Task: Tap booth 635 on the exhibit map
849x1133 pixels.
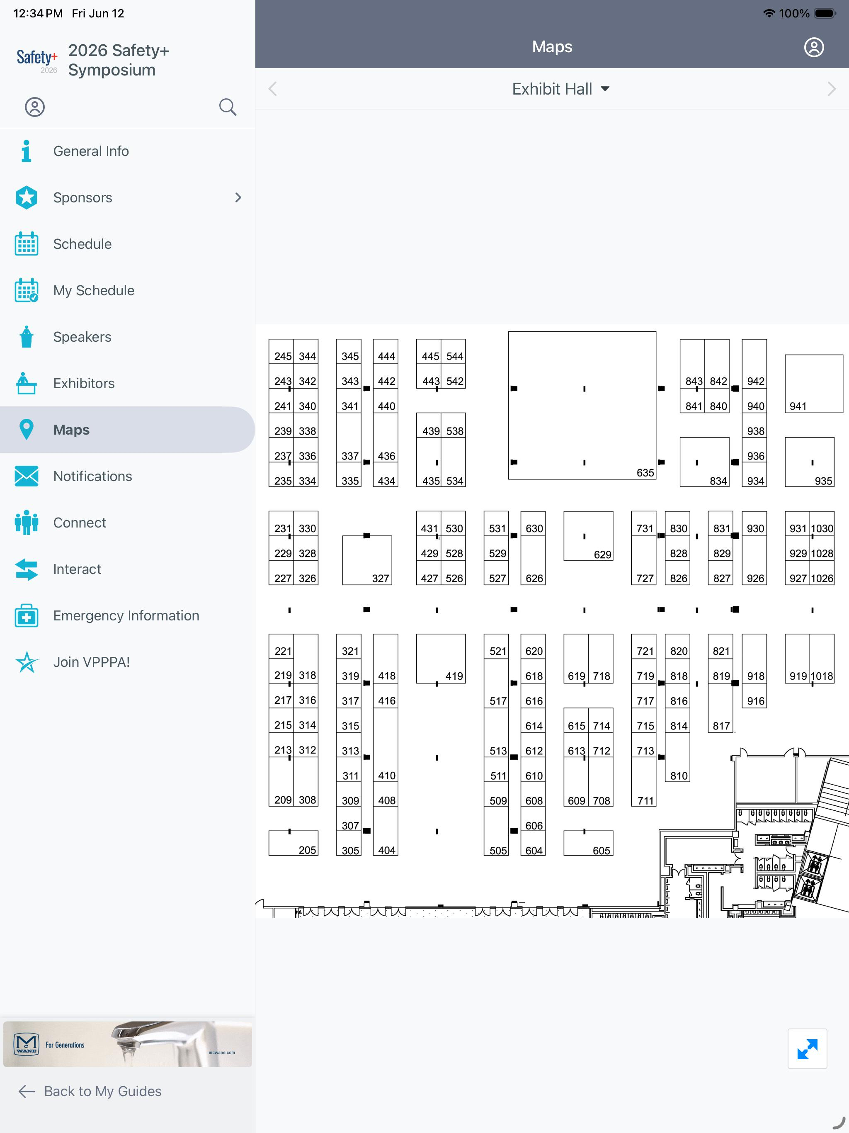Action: coord(582,405)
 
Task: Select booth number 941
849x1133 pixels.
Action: coord(814,384)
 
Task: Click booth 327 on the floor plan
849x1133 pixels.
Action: coord(366,560)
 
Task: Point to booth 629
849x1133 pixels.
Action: coord(588,535)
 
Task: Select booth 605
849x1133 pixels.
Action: coord(588,843)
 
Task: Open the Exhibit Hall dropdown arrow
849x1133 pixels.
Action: coord(605,89)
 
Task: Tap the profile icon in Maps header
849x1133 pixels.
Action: coord(814,47)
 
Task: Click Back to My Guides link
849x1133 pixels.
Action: coord(90,1091)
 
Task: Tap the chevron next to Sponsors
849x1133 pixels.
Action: coord(238,197)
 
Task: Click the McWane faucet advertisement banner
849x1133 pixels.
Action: coord(128,1044)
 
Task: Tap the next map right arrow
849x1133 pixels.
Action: coord(832,89)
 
